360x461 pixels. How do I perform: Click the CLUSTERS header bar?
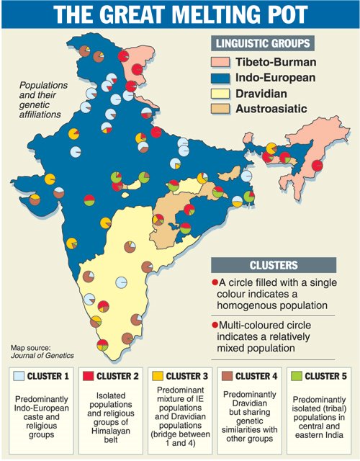point(282,264)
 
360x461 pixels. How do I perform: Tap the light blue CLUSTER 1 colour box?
point(19,375)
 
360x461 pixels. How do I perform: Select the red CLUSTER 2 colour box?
point(89,375)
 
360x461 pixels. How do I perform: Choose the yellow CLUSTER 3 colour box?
point(158,375)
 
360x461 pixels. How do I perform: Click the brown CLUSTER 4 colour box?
point(228,375)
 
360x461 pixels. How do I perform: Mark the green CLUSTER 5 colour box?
point(297,375)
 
